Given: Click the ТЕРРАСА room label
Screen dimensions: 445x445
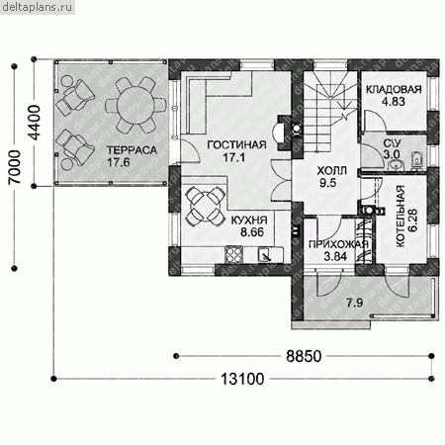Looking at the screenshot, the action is (132, 150).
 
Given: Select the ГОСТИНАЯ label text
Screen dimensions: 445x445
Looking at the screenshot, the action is (236, 145).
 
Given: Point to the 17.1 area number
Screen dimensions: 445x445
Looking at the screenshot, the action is (234, 157).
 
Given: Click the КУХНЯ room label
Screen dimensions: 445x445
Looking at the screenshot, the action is (249, 221).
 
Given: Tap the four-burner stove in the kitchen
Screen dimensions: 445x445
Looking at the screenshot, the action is (233, 255).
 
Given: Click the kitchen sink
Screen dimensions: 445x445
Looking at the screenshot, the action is (265, 255).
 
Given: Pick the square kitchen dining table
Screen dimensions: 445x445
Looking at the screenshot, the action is (206, 207).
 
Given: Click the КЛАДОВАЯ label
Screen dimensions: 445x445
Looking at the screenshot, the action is (394, 89).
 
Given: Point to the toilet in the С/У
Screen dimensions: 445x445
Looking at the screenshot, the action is (417, 160).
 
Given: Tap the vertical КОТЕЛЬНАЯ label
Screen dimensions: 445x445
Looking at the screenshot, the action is (400, 216).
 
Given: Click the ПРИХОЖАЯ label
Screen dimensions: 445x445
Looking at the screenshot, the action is (338, 244).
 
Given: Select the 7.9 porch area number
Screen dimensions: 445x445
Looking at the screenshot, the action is (355, 303).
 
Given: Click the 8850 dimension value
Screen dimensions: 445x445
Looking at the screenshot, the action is (304, 356).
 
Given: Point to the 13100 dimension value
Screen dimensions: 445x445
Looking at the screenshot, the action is (242, 379).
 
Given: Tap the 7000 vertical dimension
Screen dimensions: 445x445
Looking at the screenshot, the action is (15, 167).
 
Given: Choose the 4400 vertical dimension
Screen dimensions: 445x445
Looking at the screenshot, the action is (35, 123).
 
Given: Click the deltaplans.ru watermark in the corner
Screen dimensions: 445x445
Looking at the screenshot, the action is (37, 7).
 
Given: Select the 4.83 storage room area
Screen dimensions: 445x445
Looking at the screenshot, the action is (394, 102).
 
